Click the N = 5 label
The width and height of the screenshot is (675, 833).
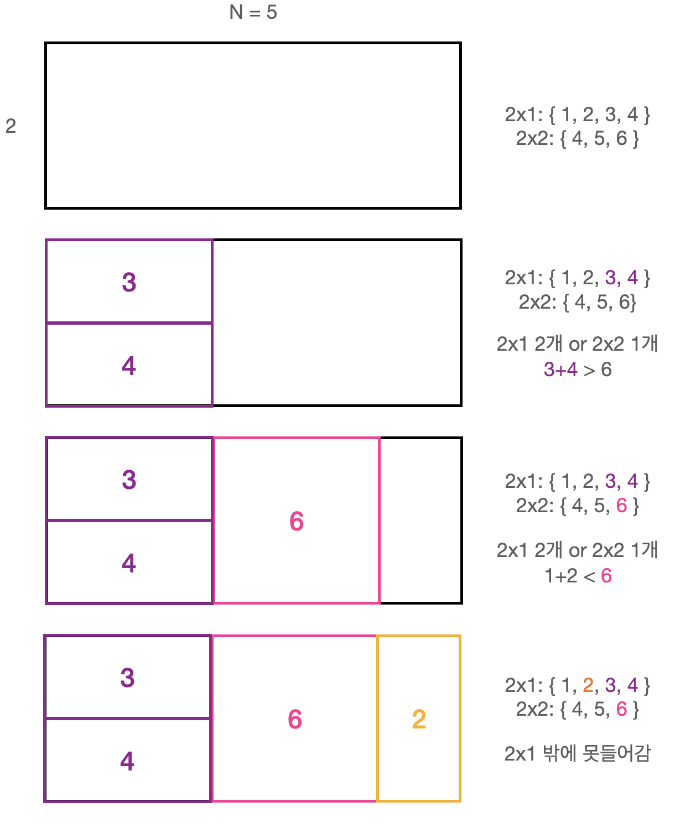point(253,12)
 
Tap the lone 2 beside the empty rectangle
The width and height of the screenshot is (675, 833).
point(11,126)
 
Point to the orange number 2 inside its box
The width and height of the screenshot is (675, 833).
point(419,719)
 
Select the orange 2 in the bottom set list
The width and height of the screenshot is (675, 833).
point(588,685)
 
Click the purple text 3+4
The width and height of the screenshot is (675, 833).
point(560,369)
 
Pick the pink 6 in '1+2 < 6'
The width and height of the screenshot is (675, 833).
point(606,576)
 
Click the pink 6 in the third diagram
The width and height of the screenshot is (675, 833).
point(297,521)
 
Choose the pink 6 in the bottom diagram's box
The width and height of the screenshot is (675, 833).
point(295,719)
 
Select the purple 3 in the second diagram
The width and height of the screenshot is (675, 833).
point(129,282)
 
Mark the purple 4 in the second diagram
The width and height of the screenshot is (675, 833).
point(129,366)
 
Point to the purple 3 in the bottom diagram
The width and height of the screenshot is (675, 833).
point(127,678)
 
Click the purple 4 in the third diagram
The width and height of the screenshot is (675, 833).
point(129,563)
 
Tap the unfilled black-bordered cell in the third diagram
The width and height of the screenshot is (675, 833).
point(420,520)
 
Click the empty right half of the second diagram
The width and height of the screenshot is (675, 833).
point(336,323)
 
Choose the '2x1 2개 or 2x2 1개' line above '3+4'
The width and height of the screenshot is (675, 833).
point(577,344)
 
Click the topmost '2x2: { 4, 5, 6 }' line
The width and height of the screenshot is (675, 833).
point(577,138)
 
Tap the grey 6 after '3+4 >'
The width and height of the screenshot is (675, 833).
point(606,369)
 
